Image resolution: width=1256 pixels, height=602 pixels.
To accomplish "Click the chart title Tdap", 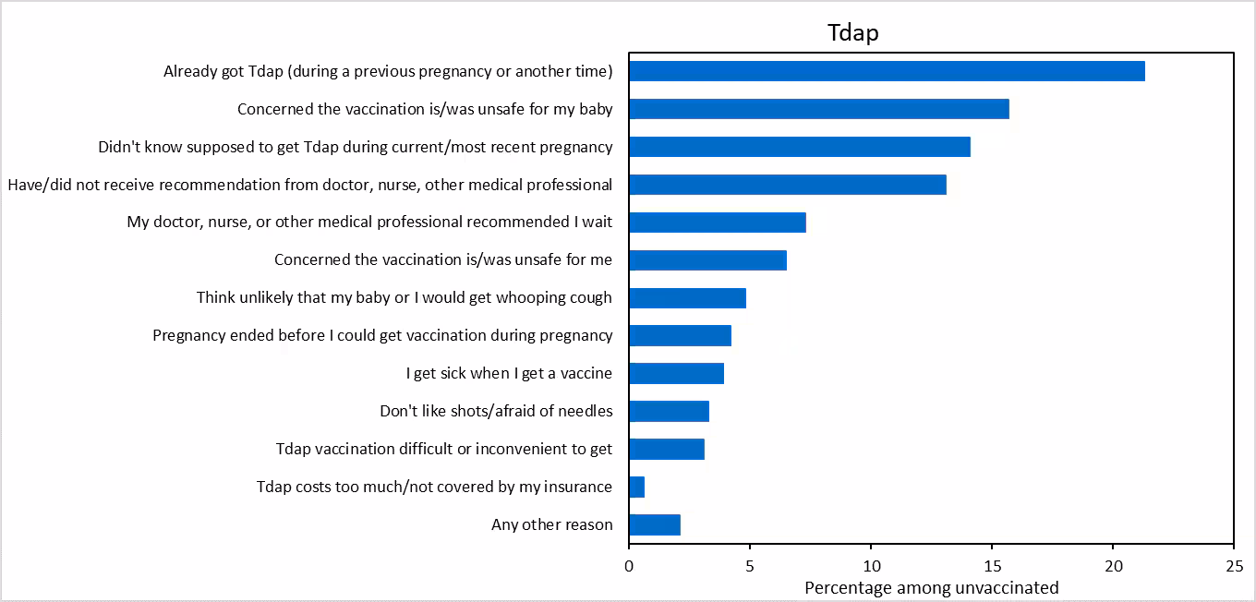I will [851, 33].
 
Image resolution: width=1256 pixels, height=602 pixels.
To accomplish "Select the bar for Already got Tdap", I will [887, 71].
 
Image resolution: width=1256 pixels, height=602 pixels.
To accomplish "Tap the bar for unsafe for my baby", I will [818, 109].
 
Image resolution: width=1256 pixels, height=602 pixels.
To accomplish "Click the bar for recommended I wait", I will [717, 223].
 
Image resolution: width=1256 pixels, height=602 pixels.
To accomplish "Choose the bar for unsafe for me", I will [707, 260].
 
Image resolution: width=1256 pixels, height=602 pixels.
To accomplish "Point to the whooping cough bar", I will [687, 298].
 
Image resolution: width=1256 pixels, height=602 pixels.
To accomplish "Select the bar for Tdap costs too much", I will [636, 487].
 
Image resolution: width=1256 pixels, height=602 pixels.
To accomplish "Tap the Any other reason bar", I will [654, 524].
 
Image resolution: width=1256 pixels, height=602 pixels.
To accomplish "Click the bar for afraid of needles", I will [669, 411].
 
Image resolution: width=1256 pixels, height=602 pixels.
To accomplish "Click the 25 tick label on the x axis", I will [1233, 565].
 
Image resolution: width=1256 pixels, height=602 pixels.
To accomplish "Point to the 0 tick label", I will [629, 565].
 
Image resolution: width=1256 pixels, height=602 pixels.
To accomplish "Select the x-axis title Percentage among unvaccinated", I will [931, 587].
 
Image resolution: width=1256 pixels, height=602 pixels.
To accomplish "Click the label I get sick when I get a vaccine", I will [509, 373].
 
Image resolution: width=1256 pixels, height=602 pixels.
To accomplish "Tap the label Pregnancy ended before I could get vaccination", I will [382, 335].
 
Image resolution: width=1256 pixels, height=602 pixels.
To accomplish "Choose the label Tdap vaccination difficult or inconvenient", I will [443, 449].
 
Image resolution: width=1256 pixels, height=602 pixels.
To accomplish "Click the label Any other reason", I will [551, 524].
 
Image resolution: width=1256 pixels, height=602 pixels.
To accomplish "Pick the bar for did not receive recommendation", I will [787, 185].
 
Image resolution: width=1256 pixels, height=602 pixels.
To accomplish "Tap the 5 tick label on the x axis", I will [750, 565].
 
